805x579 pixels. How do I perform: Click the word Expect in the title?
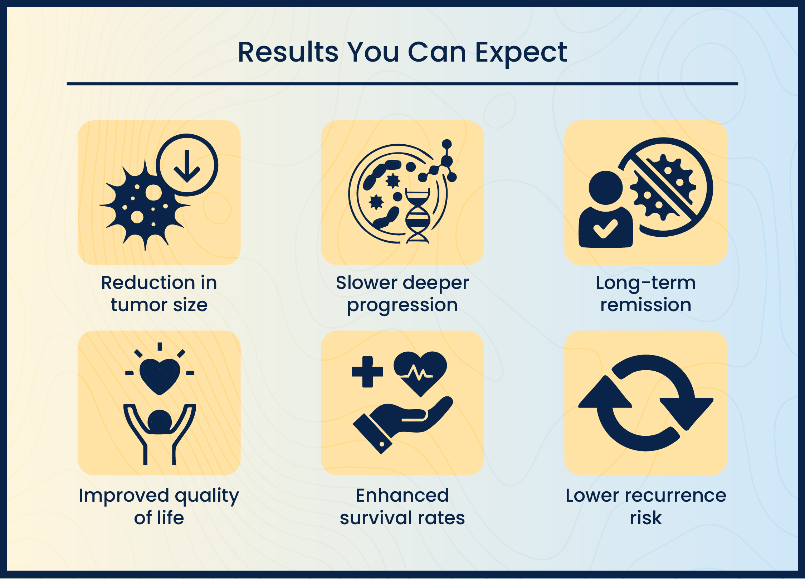click(521, 53)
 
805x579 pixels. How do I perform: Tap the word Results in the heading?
click(288, 52)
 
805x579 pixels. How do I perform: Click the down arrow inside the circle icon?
click(187, 166)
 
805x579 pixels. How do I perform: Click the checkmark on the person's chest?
click(605, 228)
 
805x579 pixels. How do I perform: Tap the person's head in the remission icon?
click(606, 188)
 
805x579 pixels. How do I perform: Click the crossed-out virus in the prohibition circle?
click(663, 187)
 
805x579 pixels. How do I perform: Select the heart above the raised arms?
click(160, 376)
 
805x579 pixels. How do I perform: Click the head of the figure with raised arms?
click(160, 421)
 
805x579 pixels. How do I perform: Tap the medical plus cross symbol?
click(367, 372)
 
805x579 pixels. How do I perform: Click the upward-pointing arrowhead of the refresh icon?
click(605, 392)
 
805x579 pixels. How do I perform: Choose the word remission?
click(646, 305)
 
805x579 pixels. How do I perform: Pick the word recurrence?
click(675, 496)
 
